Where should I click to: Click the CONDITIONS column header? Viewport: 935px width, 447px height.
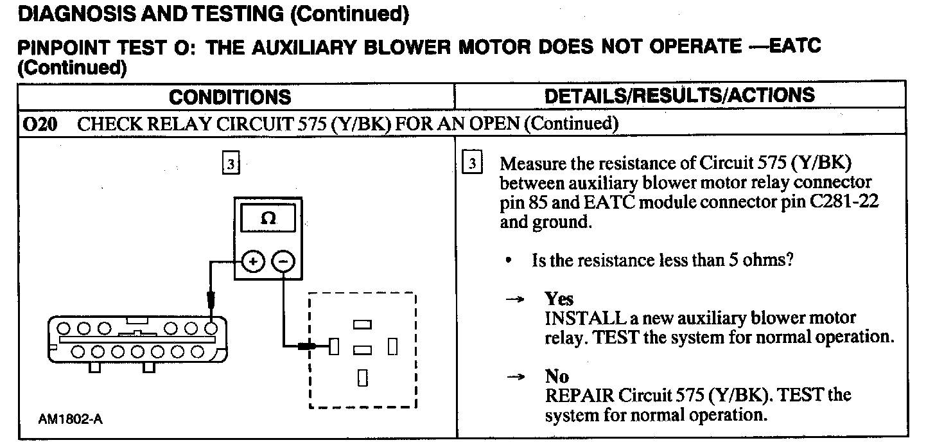(x=230, y=97)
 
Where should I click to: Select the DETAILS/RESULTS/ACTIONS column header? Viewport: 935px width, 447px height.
(x=679, y=96)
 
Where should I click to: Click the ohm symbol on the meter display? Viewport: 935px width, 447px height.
(x=269, y=218)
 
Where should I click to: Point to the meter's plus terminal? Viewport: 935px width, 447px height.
(x=253, y=261)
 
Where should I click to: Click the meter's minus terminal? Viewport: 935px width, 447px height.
(x=283, y=261)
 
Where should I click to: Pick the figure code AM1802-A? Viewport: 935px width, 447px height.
(x=70, y=419)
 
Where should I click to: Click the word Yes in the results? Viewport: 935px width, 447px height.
(x=559, y=299)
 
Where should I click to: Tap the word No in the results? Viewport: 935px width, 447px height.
(x=557, y=376)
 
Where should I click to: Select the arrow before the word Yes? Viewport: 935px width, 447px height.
(x=514, y=300)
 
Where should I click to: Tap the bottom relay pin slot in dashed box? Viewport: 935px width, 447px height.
(x=363, y=378)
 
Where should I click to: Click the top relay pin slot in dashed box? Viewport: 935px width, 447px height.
(x=363, y=326)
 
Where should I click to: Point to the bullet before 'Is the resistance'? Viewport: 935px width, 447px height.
(x=509, y=261)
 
